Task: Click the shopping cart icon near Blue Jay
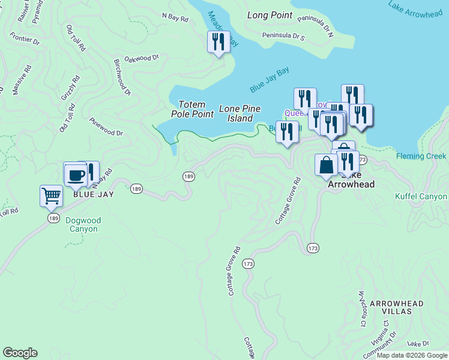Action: [51, 196]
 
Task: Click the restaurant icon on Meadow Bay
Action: [218, 42]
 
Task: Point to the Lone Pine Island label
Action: [240, 113]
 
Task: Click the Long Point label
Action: [270, 15]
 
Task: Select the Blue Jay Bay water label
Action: [270, 79]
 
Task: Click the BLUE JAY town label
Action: [93, 194]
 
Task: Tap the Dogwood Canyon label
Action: [83, 224]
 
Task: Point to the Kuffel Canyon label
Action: [421, 196]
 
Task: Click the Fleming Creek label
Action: [421, 157]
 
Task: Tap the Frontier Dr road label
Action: [25, 41]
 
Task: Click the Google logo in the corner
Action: [20, 353]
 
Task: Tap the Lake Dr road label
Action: [418, 344]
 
